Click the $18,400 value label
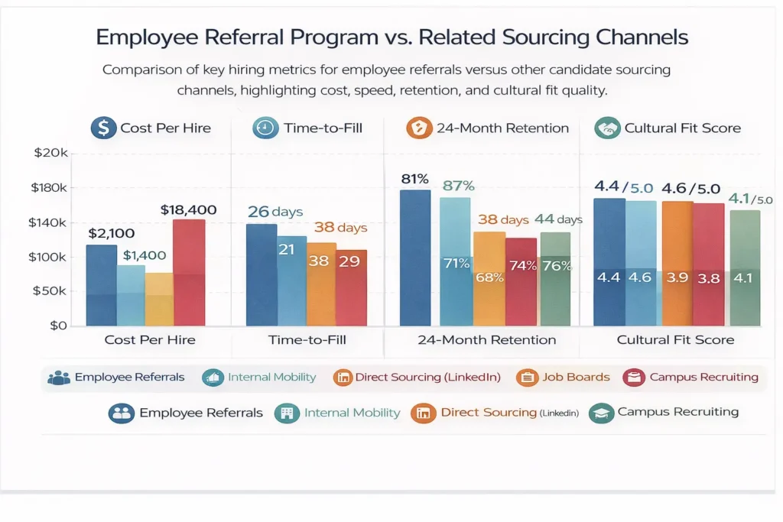[x=188, y=209]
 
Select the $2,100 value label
[x=112, y=234]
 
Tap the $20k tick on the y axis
[x=51, y=153]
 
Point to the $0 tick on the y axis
[x=59, y=326]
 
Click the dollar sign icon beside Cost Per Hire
[x=102, y=128]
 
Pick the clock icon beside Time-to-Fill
[x=265, y=128]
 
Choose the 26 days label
[x=275, y=212]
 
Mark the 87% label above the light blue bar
[x=459, y=186]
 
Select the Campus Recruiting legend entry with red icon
[x=691, y=377]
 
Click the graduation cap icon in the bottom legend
[x=602, y=413]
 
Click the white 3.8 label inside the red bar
[x=709, y=278]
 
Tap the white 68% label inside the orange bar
[x=489, y=277]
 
